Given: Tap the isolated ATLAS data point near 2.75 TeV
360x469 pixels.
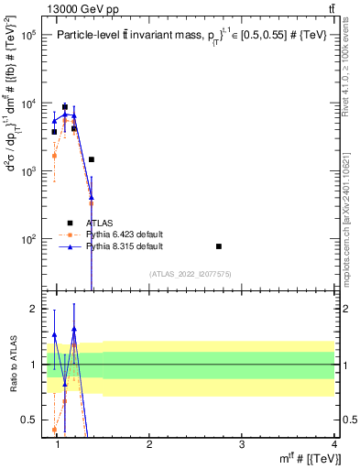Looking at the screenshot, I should pos(219,246).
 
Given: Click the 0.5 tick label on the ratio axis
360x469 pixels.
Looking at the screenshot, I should pos(29,420).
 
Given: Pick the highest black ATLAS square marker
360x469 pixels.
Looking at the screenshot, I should pos(64,106).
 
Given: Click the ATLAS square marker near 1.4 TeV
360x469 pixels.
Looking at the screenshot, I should pos(92,159).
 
